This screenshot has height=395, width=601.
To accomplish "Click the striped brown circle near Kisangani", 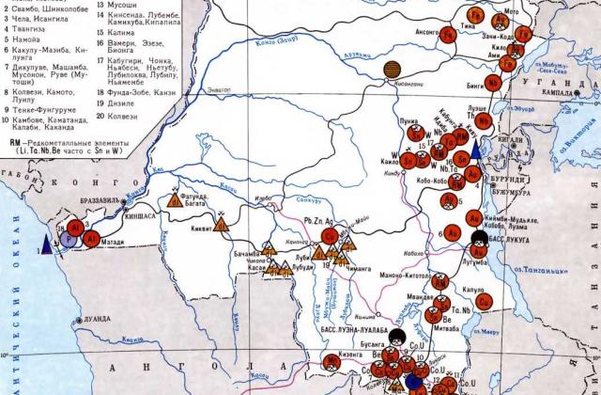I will click(x=393, y=71).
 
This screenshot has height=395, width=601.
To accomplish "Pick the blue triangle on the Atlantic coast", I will click(x=48, y=248).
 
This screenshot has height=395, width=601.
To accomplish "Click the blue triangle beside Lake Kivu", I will click(x=476, y=150).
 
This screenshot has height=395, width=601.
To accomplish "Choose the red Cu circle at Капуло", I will click(x=484, y=301).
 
